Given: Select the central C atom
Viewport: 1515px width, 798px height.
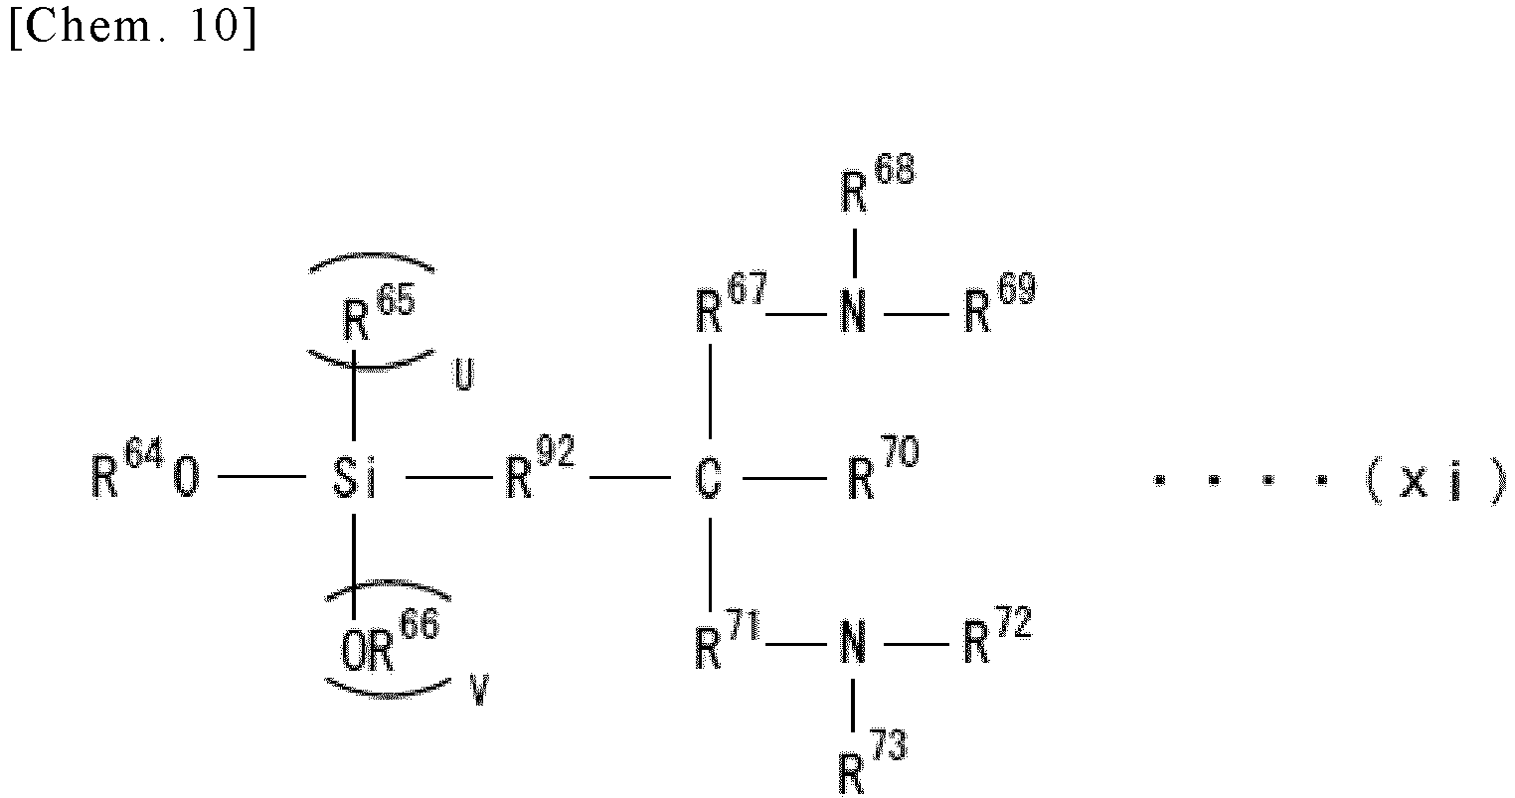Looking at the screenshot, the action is click(709, 479).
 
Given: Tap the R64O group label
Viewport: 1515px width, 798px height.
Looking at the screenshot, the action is click(145, 470).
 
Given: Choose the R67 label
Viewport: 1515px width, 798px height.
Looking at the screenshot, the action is click(732, 303).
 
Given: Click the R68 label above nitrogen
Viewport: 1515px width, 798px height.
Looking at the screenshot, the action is click(878, 184).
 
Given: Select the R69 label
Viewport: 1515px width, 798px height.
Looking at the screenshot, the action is click(1000, 303).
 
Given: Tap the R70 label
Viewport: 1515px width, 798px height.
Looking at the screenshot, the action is click(884, 468).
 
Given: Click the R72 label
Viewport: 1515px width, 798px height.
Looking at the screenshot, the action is click(998, 636).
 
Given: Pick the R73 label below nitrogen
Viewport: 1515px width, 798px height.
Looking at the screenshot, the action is click(873, 762).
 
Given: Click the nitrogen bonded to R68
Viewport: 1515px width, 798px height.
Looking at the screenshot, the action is click(853, 312).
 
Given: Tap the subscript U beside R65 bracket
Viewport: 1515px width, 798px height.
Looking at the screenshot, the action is click(464, 375).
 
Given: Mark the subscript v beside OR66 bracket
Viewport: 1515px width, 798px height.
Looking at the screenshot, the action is click(479, 690).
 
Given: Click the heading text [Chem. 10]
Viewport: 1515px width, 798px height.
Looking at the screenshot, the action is click(133, 27).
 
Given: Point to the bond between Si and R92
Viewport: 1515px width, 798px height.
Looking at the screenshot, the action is click(449, 478).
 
